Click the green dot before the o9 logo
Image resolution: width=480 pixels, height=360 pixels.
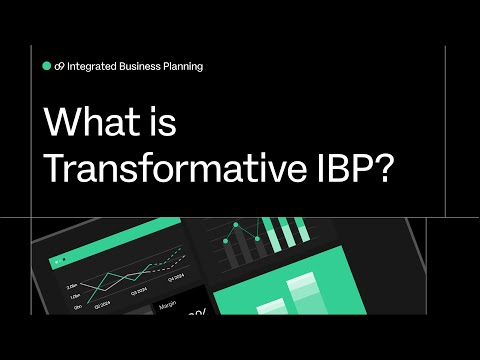tap(47, 66)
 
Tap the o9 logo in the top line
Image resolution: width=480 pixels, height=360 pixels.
tap(60, 66)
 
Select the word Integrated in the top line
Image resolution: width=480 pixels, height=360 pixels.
tap(93, 66)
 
